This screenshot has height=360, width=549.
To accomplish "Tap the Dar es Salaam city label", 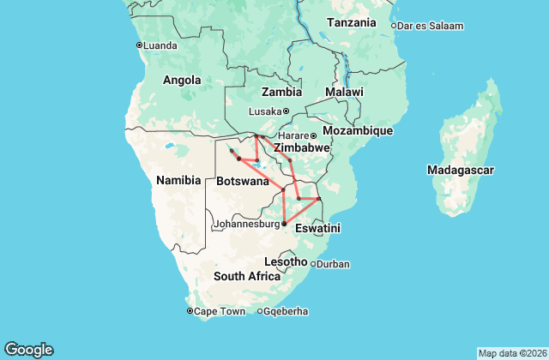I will [431, 26].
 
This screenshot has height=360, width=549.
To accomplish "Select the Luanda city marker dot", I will [140, 45].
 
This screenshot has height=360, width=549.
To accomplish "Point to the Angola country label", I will [182, 81].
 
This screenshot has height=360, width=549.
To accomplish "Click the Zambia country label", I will [281, 92].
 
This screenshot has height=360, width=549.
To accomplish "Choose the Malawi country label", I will [344, 92].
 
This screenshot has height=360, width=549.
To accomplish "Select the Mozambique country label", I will [357, 131].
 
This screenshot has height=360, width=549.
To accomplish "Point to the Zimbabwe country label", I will [301, 147].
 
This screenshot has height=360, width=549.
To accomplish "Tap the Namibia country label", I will [178, 181].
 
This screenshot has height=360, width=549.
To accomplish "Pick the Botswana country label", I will [244, 183].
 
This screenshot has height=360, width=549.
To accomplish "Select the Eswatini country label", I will [318, 229].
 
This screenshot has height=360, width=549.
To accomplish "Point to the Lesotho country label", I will [286, 261].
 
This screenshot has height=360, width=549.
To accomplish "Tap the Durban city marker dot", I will [312, 264].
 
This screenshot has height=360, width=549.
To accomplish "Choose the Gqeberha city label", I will [287, 311].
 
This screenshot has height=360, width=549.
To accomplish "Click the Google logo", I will [28, 350].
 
